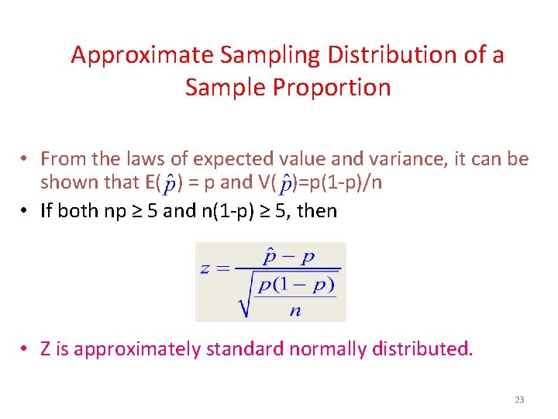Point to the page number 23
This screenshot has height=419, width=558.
click(519, 400)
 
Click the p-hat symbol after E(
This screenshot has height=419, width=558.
click(169, 184)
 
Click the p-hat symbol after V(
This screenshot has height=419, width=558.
click(287, 184)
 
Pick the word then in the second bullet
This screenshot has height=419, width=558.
click(317, 210)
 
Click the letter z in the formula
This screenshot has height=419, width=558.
click(205, 269)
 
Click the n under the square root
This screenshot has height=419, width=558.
click(295, 310)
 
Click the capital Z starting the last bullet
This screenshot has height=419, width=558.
click(46, 349)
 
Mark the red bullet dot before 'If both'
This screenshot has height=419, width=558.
click(26, 210)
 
